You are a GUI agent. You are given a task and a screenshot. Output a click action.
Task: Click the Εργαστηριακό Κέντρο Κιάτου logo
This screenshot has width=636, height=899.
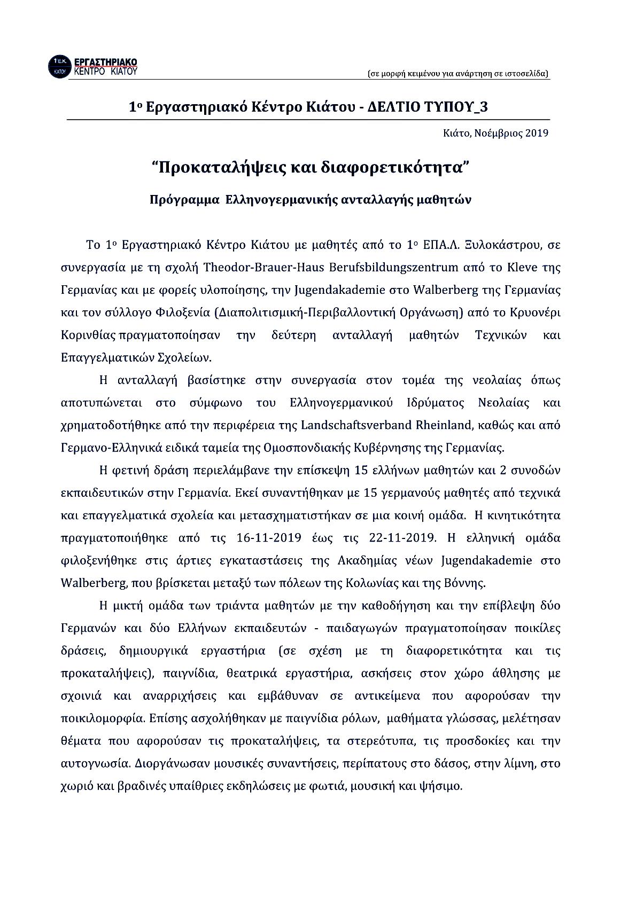tap(94, 65)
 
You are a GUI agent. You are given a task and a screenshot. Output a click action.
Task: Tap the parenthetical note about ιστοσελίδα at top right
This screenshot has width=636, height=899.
tap(459, 74)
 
